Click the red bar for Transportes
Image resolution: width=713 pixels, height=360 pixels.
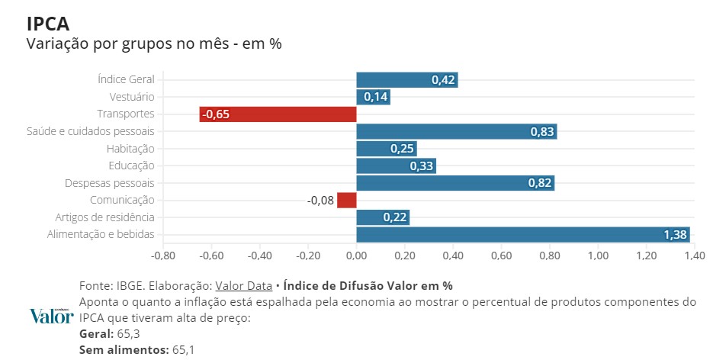[x=278, y=114]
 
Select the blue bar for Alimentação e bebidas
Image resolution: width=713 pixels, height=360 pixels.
[x=523, y=235]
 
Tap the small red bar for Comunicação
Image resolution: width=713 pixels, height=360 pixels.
[x=347, y=200]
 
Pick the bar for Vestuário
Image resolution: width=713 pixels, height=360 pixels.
[x=374, y=97]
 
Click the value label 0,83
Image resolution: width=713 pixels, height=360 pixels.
[x=542, y=132]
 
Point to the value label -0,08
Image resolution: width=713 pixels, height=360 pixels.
[x=320, y=201]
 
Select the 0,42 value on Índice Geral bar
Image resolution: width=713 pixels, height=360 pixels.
[x=443, y=80]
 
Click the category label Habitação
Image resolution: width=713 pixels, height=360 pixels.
[x=130, y=149]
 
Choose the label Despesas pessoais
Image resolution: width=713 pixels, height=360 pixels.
[x=110, y=183]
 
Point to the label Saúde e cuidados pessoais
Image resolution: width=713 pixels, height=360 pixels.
[x=91, y=131]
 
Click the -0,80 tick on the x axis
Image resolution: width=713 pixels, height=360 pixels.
[x=163, y=255]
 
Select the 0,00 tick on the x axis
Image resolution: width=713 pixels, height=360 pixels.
[x=357, y=255]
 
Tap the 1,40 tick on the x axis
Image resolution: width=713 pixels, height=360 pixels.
[x=695, y=255]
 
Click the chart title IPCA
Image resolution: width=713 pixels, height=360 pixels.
[x=49, y=24]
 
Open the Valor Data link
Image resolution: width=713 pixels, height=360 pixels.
[x=243, y=286]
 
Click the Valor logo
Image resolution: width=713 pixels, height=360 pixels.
[x=51, y=316]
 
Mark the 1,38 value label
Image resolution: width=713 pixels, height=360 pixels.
[x=676, y=235]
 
